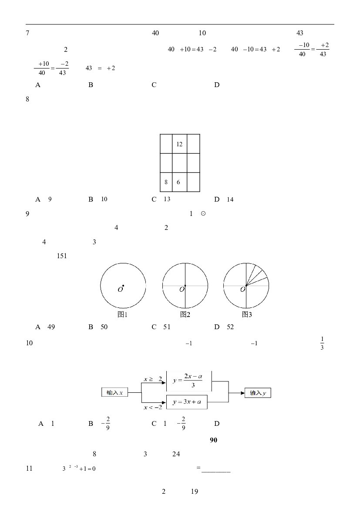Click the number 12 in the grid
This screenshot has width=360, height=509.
[179, 144]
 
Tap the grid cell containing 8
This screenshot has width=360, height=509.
[166, 182]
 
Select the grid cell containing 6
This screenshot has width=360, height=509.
[179, 182]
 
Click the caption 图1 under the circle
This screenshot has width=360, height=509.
[122, 314]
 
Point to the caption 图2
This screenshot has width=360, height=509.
[185, 314]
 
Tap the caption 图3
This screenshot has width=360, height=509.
[247, 314]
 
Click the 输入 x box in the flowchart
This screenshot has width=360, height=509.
[114, 392]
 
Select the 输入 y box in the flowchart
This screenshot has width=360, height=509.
[258, 393]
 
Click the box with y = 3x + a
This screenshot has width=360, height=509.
[187, 402]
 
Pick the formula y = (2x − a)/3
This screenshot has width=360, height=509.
[188, 381]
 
